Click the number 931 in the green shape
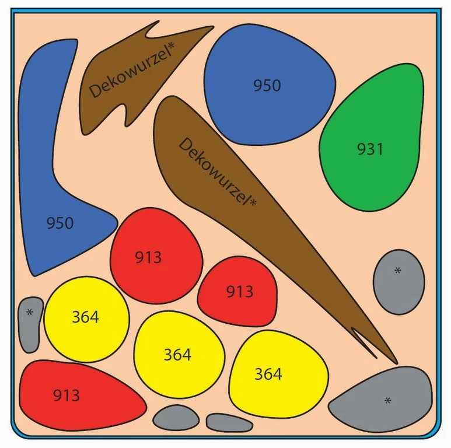370,149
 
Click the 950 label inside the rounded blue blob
267,86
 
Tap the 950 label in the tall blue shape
60,223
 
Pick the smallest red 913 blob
237,291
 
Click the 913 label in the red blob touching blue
148,257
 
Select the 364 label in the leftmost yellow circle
85,317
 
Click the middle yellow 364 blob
178,355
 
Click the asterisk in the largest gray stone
387,400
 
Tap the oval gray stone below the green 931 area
398,282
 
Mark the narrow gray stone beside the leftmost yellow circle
30,324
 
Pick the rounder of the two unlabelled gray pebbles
176,418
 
